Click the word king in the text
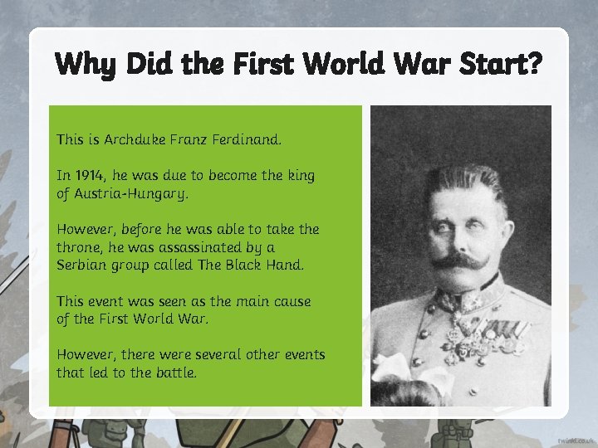coord(298,177)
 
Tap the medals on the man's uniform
coord(490,333)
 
